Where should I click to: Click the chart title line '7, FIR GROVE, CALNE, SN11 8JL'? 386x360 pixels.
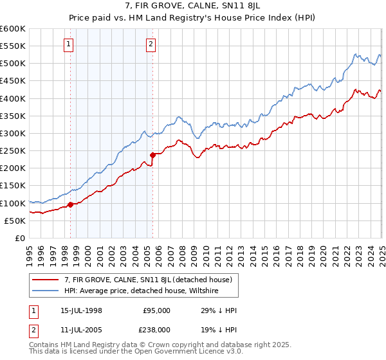[192, 6]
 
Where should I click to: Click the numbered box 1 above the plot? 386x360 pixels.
[68, 44]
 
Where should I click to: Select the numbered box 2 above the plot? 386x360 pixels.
[151, 44]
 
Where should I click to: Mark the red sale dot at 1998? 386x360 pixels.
[70, 205]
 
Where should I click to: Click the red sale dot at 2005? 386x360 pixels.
[152, 155]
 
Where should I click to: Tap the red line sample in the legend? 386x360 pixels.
[46, 278]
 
